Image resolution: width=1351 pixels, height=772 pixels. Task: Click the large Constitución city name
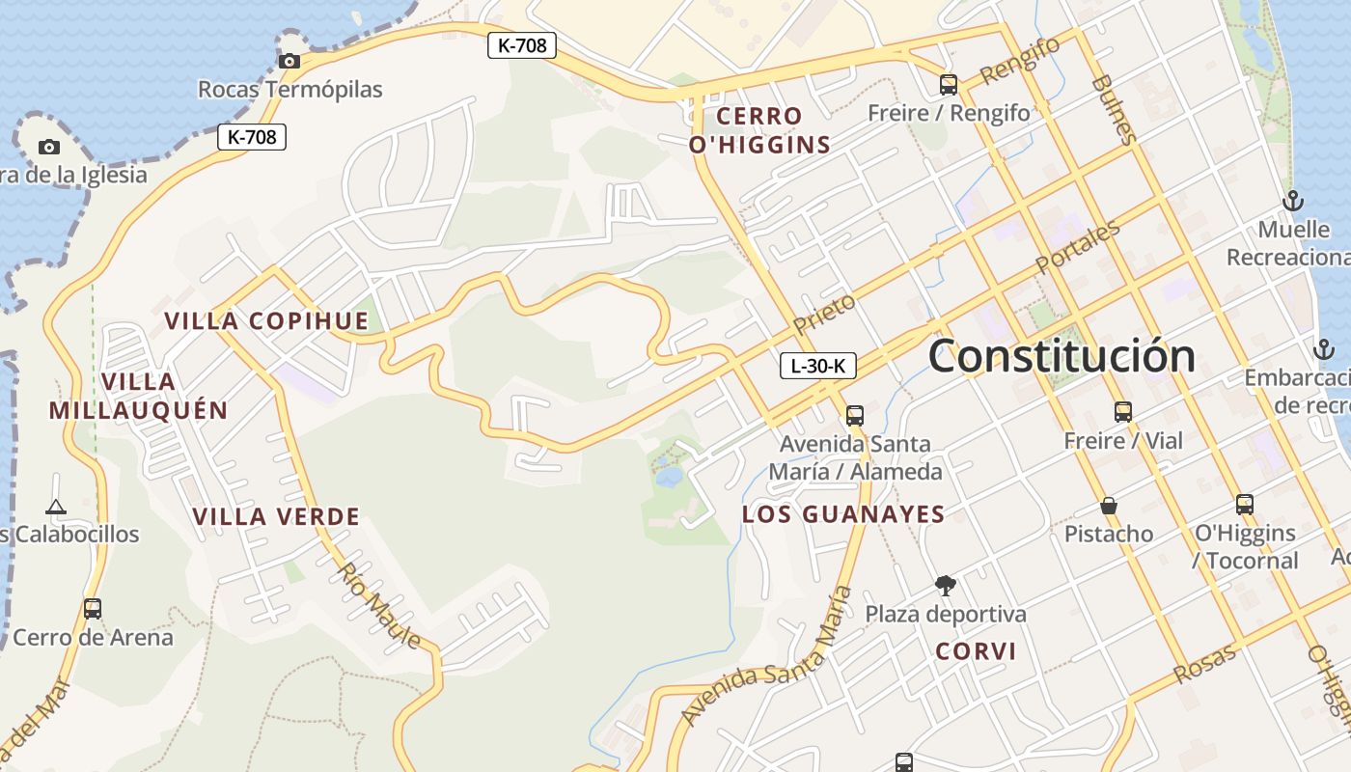point(1061,356)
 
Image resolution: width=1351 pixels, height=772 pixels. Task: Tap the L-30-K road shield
point(817,366)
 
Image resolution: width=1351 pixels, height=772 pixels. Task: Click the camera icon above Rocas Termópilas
point(289,61)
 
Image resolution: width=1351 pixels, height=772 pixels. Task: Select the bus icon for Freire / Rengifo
point(949,85)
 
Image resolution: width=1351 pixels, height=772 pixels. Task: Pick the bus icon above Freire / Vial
point(1122,412)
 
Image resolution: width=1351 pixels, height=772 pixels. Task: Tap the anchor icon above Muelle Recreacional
point(1292,201)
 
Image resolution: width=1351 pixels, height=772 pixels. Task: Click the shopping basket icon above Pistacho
point(1109,506)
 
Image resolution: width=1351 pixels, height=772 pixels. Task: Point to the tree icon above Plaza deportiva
point(945,585)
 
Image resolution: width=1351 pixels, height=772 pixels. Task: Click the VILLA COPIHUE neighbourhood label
point(266,321)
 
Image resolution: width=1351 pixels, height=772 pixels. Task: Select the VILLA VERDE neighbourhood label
point(276,516)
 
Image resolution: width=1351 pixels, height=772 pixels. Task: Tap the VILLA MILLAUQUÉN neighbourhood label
point(138,396)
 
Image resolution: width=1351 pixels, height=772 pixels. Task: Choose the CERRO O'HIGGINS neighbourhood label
point(759,130)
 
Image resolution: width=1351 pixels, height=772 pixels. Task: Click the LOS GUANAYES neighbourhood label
point(843,514)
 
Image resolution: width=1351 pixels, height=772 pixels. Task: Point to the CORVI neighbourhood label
point(976,651)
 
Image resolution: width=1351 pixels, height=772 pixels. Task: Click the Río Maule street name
point(378,605)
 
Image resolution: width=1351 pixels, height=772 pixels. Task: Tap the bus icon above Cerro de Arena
point(93,609)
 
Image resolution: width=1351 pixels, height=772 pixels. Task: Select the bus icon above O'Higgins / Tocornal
point(1244,504)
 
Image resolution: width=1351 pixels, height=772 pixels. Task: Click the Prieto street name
point(825,314)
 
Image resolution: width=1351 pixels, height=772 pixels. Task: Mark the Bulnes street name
point(1115,108)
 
